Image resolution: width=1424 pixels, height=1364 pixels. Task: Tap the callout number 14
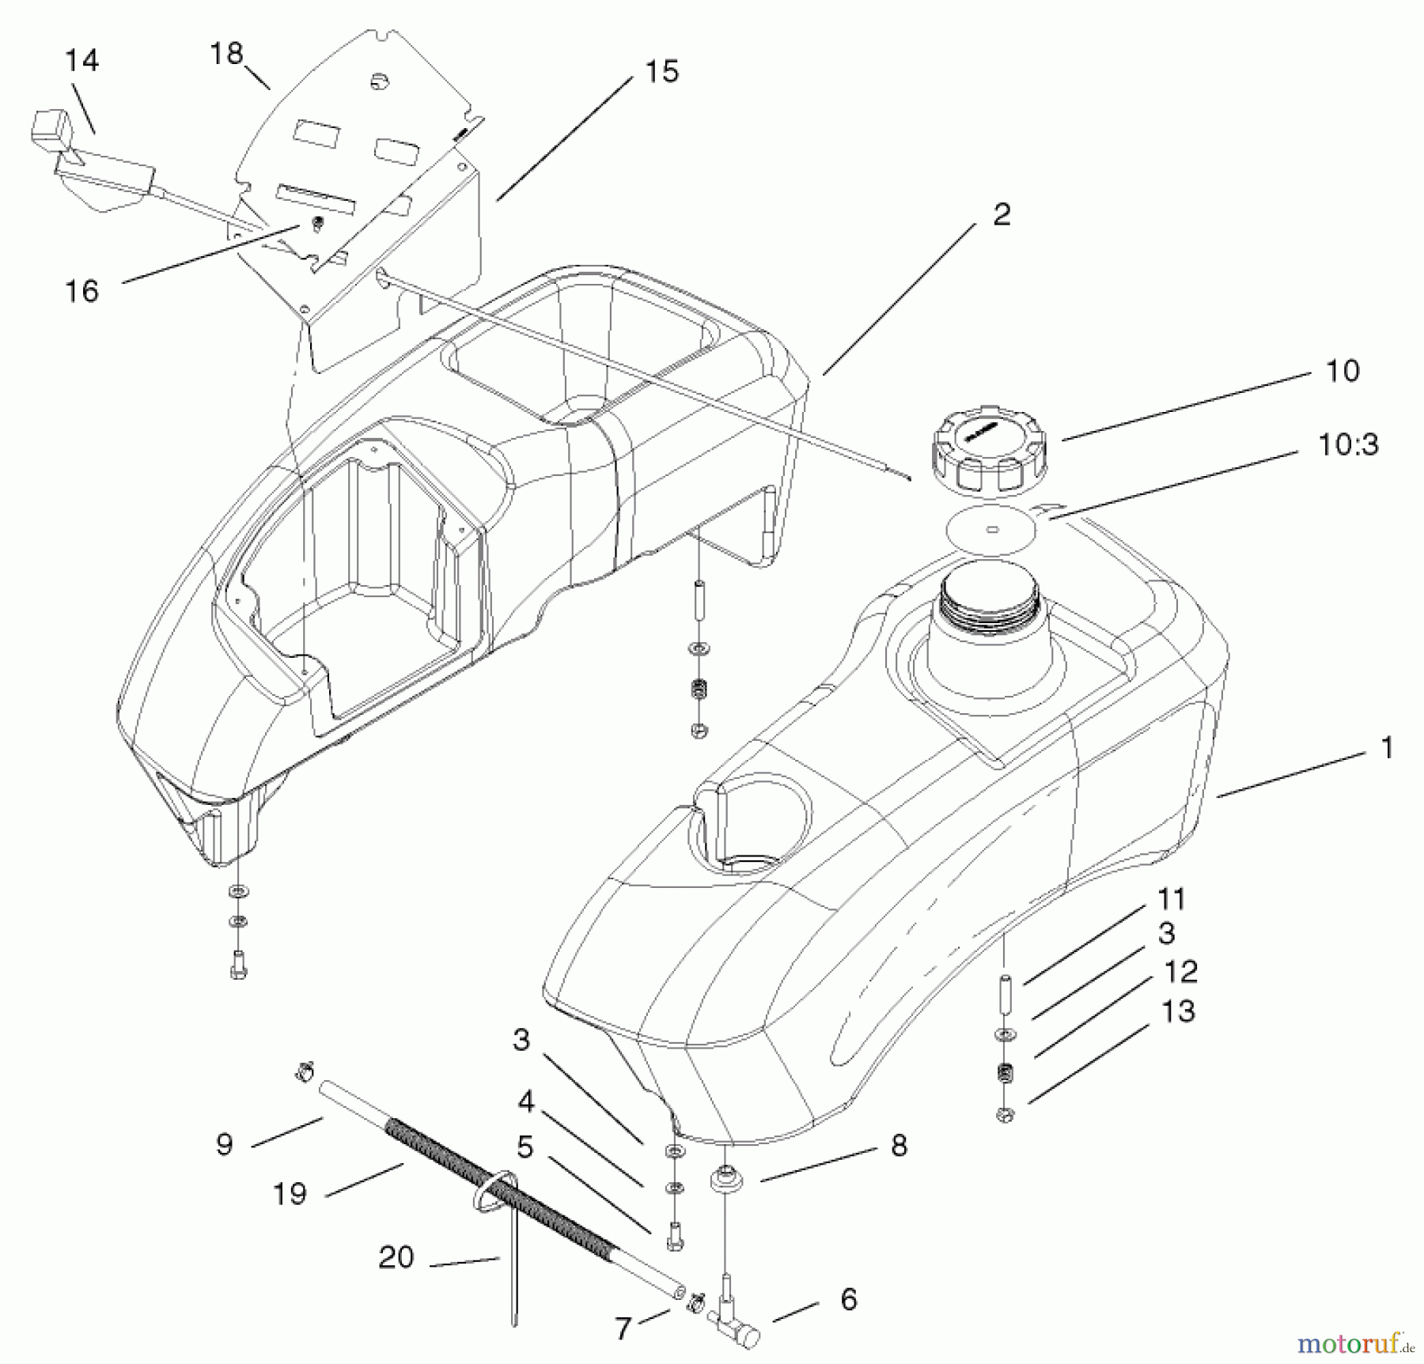[81, 61]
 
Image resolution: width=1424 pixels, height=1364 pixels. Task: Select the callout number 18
[226, 54]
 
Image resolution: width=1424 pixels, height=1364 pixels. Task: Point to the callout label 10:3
[1348, 445]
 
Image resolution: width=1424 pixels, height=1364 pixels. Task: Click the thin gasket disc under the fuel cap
[996, 529]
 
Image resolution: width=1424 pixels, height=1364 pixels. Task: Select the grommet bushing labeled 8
[725, 1182]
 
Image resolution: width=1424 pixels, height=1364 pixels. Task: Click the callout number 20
[396, 1257]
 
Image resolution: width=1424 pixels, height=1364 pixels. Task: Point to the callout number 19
[290, 1193]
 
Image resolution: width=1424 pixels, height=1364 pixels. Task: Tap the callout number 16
[81, 291]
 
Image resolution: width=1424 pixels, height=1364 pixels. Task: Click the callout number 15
[662, 72]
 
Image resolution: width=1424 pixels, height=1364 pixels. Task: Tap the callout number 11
[1171, 899]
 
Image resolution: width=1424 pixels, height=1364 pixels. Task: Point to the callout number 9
[225, 1144]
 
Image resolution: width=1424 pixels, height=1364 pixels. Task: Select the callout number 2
[1002, 214]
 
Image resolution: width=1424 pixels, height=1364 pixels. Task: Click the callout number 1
[1386, 748]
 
